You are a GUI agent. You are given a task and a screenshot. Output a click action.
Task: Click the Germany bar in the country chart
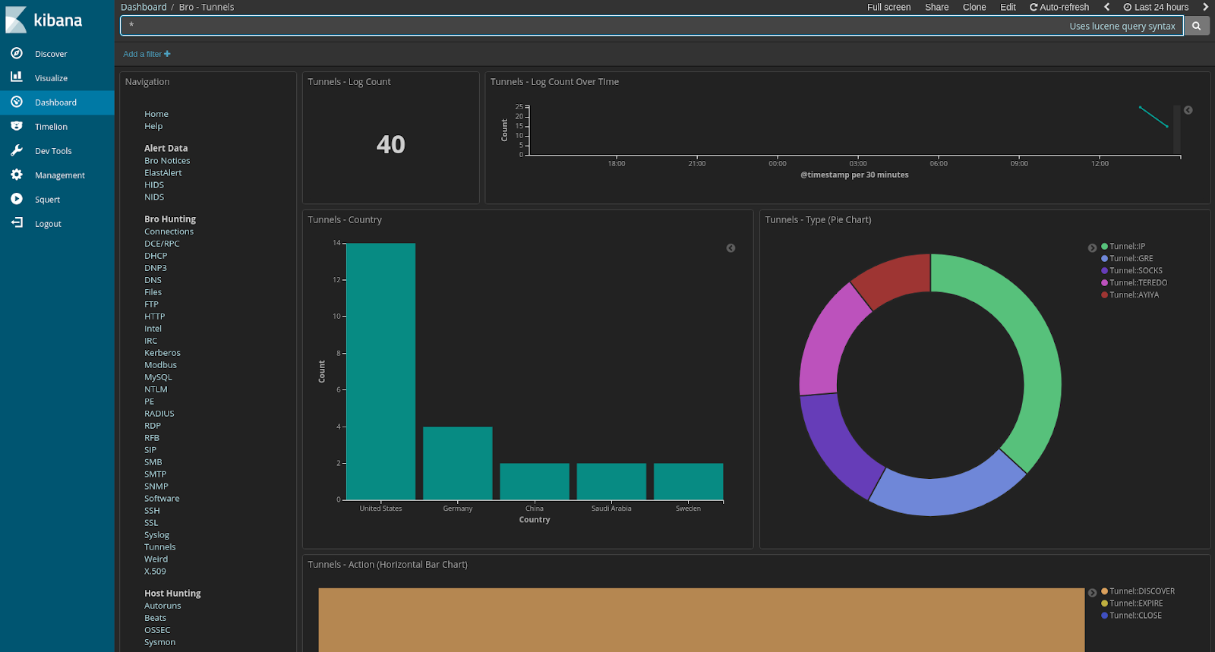457,462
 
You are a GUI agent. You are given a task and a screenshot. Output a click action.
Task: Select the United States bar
380,371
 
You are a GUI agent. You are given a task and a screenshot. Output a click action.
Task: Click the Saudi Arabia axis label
611,509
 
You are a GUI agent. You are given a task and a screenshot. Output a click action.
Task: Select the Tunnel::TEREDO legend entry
1138,283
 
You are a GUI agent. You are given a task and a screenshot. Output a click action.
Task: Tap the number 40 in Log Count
391,144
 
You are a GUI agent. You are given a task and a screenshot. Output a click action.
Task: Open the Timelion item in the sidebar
51,127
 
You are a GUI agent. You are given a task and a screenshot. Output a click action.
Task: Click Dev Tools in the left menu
53,151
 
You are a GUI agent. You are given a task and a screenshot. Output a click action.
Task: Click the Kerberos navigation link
163,353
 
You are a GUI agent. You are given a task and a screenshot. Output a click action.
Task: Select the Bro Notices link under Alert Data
167,161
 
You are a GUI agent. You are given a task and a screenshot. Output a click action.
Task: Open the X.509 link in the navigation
155,572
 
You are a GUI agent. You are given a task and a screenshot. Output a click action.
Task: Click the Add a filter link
147,54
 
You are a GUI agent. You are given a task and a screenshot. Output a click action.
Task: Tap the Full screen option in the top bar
888,7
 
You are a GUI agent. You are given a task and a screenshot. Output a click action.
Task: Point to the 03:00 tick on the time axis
858,163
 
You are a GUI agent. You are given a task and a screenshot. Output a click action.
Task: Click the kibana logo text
58,20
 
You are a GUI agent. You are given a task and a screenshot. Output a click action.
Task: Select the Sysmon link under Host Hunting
159,642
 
